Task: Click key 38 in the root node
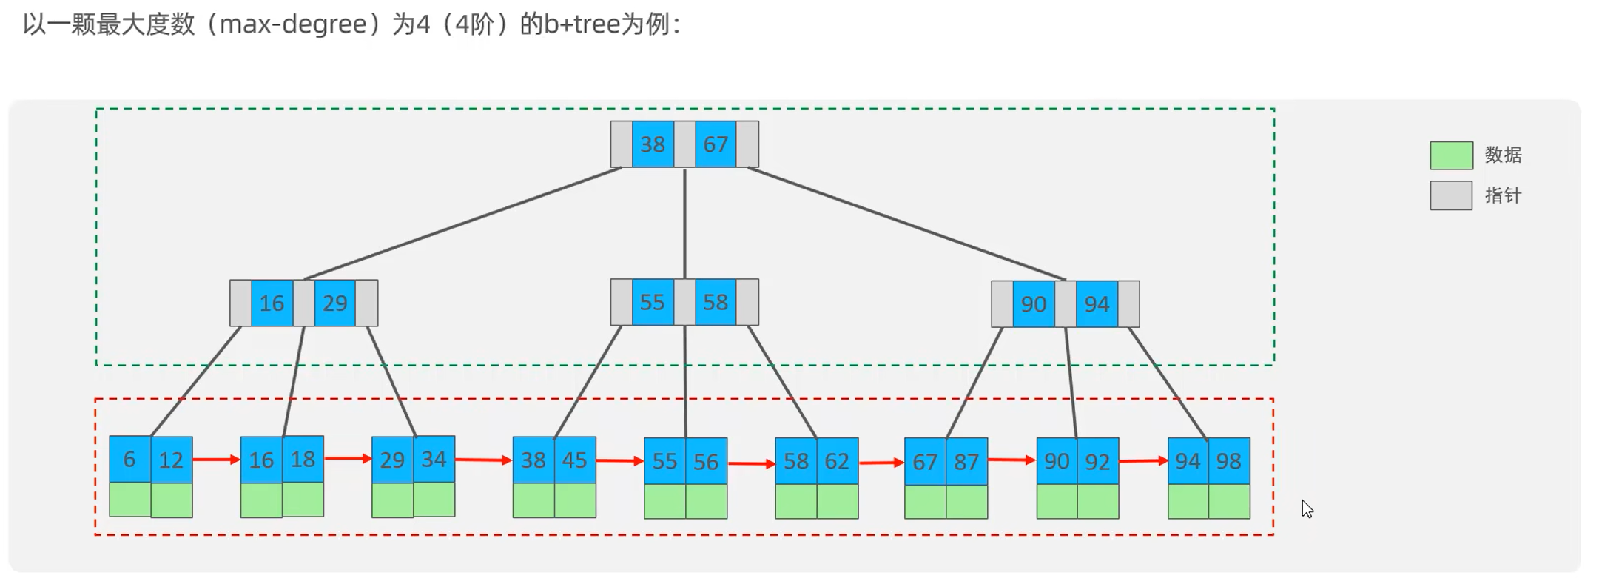point(653,144)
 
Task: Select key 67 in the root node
point(716,144)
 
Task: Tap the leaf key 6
point(129,460)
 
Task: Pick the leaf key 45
point(575,460)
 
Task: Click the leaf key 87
point(966,462)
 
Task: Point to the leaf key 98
point(1229,461)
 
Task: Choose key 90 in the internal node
point(1034,304)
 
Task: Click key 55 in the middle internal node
point(653,302)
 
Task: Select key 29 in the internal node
point(335,303)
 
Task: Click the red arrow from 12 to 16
point(216,460)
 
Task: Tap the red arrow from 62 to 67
point(881,463)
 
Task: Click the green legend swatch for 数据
point(1451,155)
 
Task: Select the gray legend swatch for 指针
point(1451,196)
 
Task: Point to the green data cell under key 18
point(303,500)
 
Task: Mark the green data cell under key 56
point(706,501)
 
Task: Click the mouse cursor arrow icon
point(1307,509)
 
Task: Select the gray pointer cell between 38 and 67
point(684,144)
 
